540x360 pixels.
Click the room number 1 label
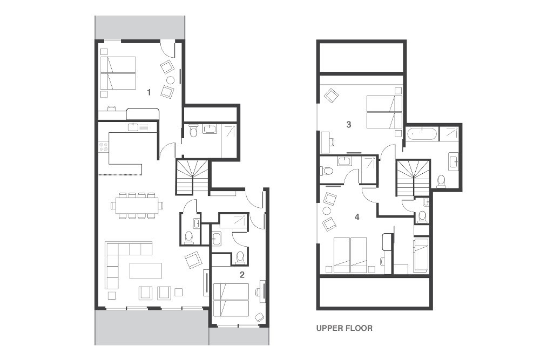(149, 92)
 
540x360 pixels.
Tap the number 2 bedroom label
(242, 275)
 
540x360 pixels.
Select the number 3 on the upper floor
(348, 124)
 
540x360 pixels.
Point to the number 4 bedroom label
(357, 217)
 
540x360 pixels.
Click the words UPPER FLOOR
(345, 328)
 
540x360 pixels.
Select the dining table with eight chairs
(137, 206)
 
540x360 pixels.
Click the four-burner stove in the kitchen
(103, 147)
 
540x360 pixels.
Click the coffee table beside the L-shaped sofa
(146, 270)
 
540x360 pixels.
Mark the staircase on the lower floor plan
(193, 176)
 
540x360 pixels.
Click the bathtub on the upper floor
(422, 134)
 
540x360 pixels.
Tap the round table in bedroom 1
(170, 80)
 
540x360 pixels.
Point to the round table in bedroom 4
(326, 210)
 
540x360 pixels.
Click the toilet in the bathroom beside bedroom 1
(193, 132)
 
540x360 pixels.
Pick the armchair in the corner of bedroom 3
(331, 95)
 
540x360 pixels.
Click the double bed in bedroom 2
(231, 300)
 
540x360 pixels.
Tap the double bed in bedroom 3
(384, 112)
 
